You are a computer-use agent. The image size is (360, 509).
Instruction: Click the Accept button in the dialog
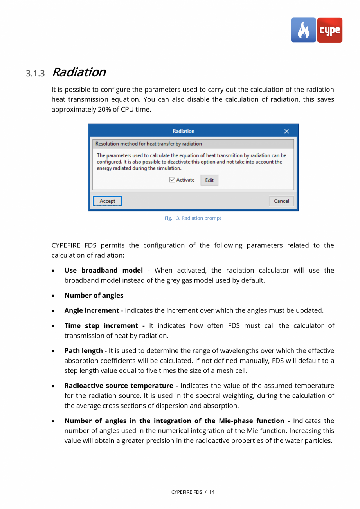click(x=107, y=201)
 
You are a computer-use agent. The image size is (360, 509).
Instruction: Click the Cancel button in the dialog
click(x=281, y=201)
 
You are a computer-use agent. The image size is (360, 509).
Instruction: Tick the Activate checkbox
click(x=173, y=180)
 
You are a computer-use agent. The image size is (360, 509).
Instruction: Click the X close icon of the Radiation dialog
click(x=286, y=131)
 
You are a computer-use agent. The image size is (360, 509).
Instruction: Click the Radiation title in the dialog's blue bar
click(x=183, y=131)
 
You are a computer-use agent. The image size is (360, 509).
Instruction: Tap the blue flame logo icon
click(x=303, y=30)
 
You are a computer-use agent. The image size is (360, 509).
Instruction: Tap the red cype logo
click(x=330, y=30)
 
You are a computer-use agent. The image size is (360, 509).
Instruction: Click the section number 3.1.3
click(x=36, y=73)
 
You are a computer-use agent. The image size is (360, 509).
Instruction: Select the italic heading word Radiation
click(x=78, y=72)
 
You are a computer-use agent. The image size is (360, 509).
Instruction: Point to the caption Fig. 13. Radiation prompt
click(x=193, y=218)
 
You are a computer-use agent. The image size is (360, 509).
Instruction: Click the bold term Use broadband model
click(x=103, y=270)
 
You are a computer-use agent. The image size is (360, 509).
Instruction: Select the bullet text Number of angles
click(x=94, y=295)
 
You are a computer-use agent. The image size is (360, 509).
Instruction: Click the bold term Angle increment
click(x=92, y=310)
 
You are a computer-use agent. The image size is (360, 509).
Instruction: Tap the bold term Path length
click(x=83, y=350)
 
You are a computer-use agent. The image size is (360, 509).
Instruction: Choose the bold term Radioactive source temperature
click(x=119, y=386)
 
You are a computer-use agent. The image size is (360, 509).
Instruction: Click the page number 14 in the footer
click(x=211, y=492)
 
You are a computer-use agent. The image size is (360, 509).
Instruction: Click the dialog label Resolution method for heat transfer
click(x=149, y=144)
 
